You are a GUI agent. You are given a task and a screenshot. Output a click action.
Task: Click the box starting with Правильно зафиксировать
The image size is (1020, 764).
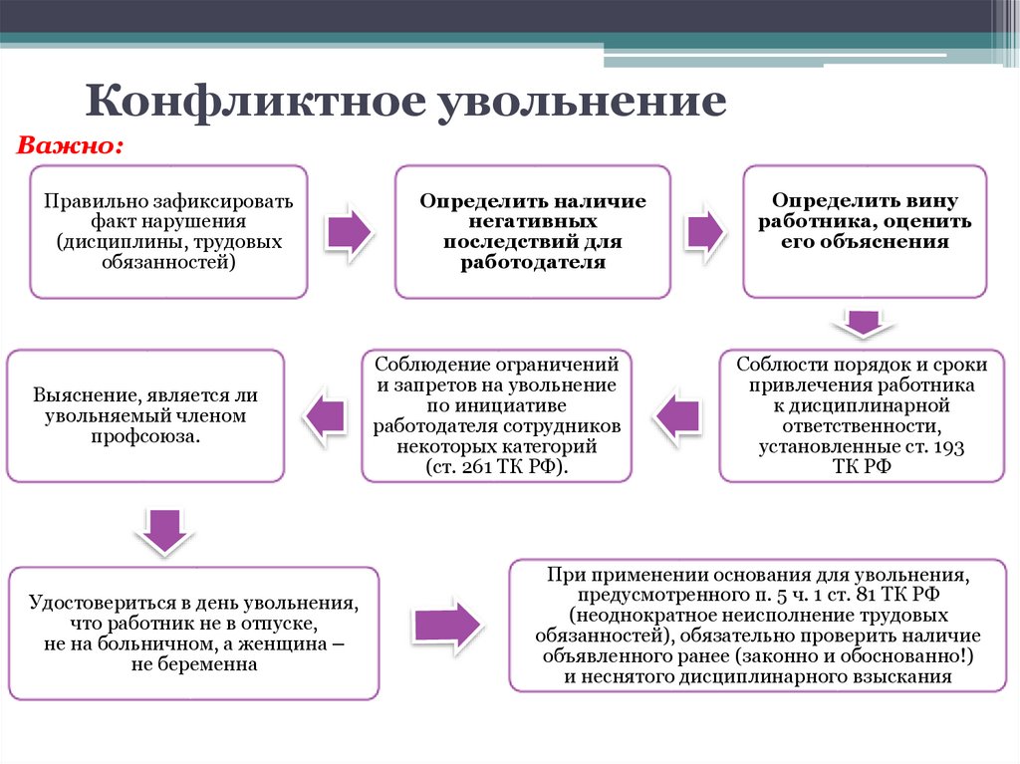(x=168, y=232)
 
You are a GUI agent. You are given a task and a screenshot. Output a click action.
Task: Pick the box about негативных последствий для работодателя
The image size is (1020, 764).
(x=533, y=232)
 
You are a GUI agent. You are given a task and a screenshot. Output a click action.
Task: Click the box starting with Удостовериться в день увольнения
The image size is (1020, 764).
(x=193, y=634)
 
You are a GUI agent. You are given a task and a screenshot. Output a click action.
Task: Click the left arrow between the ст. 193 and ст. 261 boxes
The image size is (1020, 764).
(x=675, y=413)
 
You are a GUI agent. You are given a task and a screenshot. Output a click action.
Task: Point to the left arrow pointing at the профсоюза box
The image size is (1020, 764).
(x=325, y=413)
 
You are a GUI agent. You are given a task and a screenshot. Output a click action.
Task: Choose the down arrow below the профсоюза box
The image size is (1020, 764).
(x=160, y=528)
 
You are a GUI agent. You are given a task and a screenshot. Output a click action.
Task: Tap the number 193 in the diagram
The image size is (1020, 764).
(x=948, y=447)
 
